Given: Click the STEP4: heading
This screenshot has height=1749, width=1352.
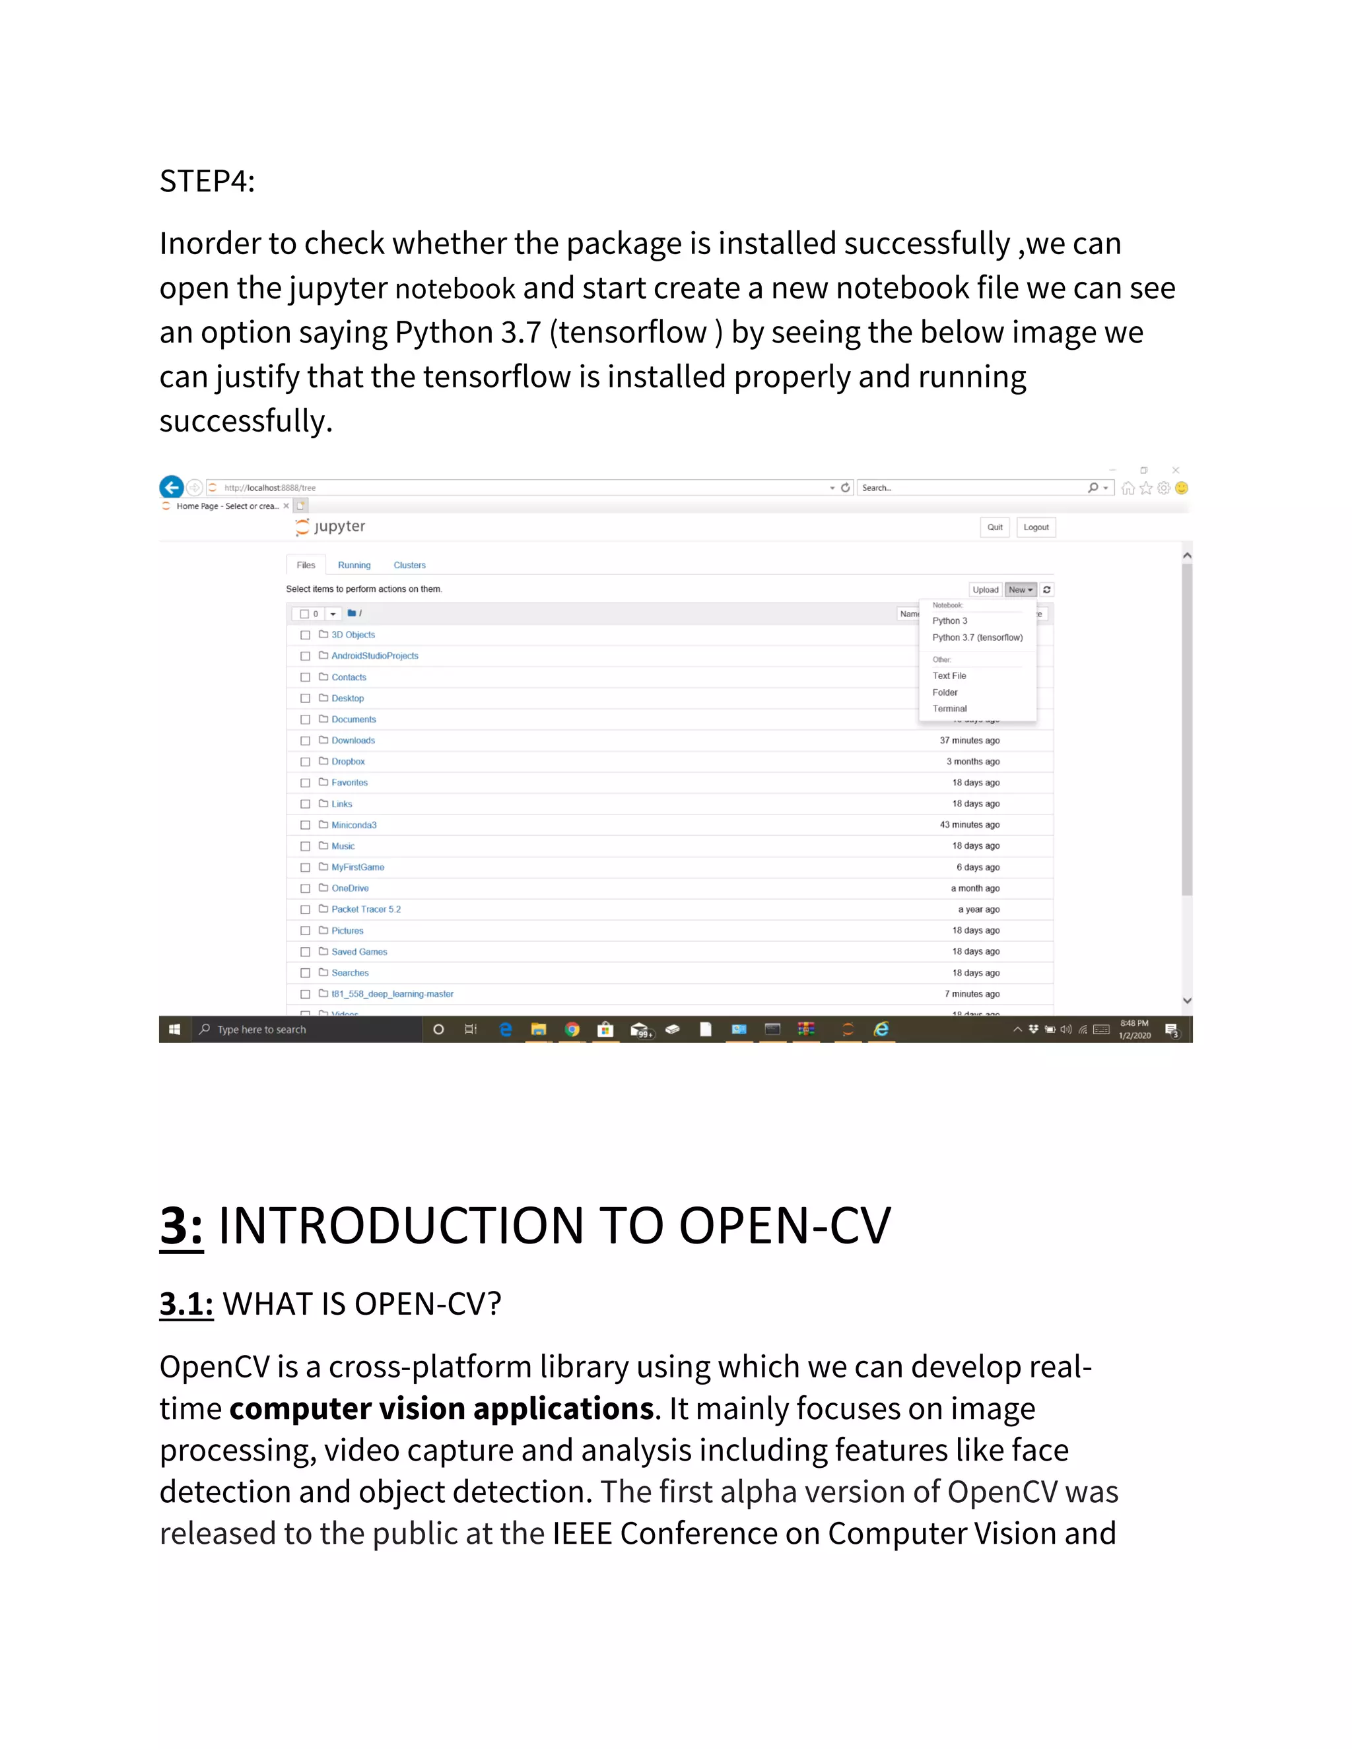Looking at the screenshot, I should pyautogui.click(x=207, y=181).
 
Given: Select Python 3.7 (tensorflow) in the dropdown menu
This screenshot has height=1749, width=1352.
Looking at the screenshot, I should pyautogui.click(x=976, y=638).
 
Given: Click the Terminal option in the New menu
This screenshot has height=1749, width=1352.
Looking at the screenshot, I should pyautogui.click(x=949, y=709).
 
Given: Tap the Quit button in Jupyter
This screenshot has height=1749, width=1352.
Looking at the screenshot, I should pyautogui.click(x=994, y=527).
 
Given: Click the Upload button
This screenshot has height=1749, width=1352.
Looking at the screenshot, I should pyautogui.click(x=985, y=589).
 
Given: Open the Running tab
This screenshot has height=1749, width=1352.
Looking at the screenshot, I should pyautogui.click(x=354, y=566).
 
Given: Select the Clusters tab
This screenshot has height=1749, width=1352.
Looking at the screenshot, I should pyautogui.click(x=409, y=566).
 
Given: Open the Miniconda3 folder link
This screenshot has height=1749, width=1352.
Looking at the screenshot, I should pyautogui.click(x=353, y=825).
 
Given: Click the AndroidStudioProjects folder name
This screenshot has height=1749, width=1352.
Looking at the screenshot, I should pyautogui.click(x=374, y=656).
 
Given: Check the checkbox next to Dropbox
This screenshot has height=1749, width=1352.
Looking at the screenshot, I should pyautogui.click(x=305, y=762).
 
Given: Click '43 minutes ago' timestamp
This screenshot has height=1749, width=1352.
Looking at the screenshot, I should pyautogui.click(x=969, y=825).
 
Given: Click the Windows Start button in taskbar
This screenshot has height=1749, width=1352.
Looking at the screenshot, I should pyautogui.click(x=174, y=1029).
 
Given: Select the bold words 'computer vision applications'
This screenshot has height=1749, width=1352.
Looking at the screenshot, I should pyautogui.click(x=442, y=1408).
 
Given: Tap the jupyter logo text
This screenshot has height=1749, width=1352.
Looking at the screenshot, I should pyautogui.click(x=339, y=526).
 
